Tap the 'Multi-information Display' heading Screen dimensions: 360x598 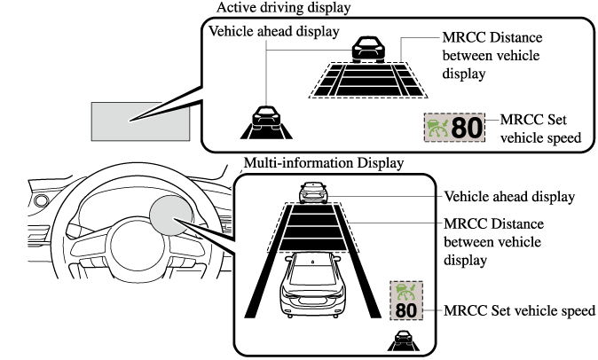click(323, 163)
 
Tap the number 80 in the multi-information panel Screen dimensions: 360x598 click(405, 310)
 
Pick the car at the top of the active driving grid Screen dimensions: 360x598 click(366, 49)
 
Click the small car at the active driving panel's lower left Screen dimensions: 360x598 click(263, 118)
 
